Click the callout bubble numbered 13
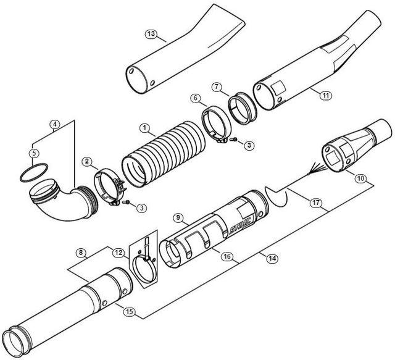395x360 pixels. (151, 33)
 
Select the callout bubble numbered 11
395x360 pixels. (326, 95)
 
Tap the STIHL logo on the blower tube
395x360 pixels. (239, 225)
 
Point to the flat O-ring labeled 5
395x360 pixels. (34, 172)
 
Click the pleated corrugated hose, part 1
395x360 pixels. (164, 154)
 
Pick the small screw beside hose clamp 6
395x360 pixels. (233, 139)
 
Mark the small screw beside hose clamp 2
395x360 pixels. (126, 202)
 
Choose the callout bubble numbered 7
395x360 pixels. (216, 87)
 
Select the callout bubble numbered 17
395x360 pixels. (316, 203)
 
